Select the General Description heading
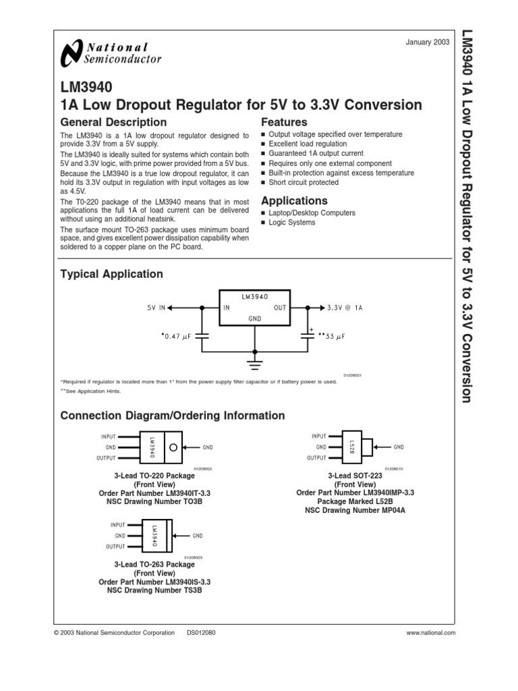(113, 122)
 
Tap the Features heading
(284, 122)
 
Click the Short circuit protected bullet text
(304, 182)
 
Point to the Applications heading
(294, 200)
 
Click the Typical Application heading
(112, 274)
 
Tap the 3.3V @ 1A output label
(345, 307)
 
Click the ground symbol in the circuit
(255, 364)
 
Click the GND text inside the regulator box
(255, 316)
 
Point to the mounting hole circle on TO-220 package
(173, 447)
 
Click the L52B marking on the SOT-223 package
(352, 446)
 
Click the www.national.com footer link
(432, 632)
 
